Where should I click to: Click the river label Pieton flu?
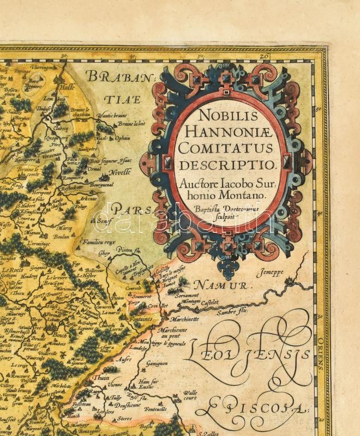pos(132,250)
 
